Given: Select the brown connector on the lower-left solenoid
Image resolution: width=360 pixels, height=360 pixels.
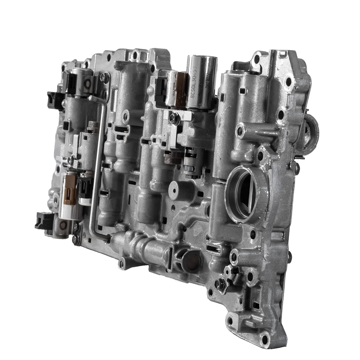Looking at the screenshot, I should pyautogui.click(x=70, y=190).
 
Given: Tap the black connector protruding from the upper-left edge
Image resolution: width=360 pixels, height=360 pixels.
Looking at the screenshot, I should pyautogui.click(x=56, y=98).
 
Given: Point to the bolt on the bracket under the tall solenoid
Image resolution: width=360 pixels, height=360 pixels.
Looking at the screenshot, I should pyautogui.click(x=174, y=118).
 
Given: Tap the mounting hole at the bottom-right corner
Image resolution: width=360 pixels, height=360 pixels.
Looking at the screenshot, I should pyautogui.click(x=265, y=340).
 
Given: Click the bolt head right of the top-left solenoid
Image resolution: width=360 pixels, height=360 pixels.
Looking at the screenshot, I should pyautogui.click(x=105, y=78).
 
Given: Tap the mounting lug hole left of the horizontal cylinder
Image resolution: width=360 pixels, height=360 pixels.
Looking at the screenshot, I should pyautogui.click(x=121, y=264).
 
